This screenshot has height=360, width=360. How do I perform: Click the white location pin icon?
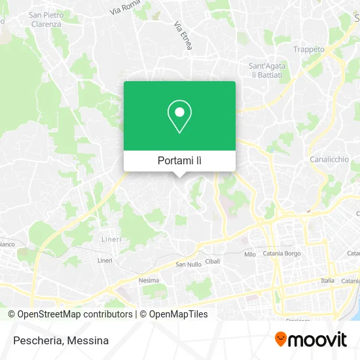coord(179,117)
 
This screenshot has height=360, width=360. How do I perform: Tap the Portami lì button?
coord(179,160)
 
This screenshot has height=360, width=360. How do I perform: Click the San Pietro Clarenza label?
coord(45,19)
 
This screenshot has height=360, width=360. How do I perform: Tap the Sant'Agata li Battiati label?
coord(265,70)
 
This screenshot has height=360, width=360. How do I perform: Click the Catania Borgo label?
coord(281,253)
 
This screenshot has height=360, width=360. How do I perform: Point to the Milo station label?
coord(249,254)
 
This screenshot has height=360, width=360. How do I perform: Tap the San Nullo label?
coord(189,264)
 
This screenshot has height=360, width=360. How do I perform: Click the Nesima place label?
coord(149,280)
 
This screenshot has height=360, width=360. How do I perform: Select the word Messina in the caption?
coord(88,340)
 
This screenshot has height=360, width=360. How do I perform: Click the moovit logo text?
coord(319,339)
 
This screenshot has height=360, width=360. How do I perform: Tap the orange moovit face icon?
coord(281,339)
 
